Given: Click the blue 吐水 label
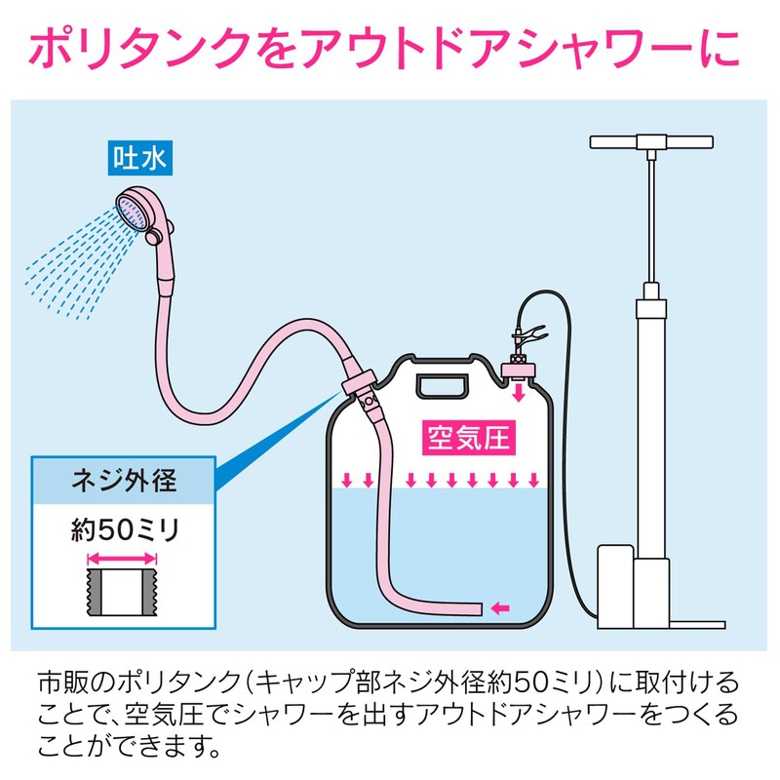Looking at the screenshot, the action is coord(140,158).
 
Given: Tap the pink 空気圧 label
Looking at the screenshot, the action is coord(469,438).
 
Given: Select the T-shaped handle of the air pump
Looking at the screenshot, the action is coord(651,142).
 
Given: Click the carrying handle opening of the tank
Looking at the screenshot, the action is coord(444,386).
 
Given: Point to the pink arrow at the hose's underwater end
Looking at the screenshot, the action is coord(500,607).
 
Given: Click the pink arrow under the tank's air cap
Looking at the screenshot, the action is coord(519,391).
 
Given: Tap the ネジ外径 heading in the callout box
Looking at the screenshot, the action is coord(124,481).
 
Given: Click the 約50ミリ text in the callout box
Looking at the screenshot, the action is coord(125,529).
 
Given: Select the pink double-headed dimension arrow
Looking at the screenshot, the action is coord(122,558).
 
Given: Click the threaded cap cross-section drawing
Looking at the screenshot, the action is coord(122,592).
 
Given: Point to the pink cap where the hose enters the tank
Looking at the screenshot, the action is coord(359,382).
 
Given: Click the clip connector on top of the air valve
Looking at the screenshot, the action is coord(526,333).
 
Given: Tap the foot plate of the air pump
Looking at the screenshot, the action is coord(696,625).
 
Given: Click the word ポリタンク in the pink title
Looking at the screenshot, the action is coord(139,48).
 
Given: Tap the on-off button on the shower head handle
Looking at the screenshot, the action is coord(154,237).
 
